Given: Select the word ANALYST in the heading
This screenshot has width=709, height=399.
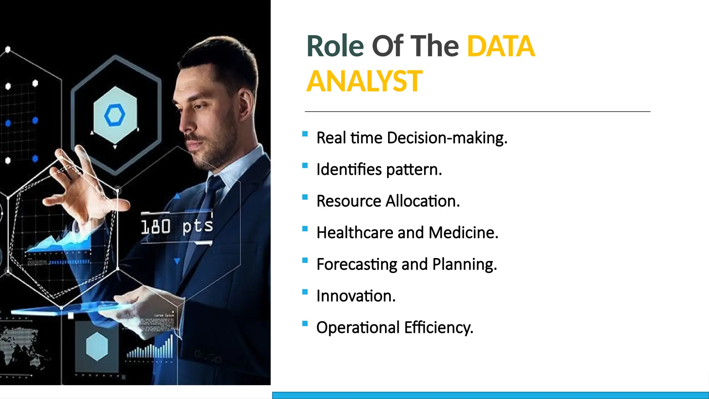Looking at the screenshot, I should [x=364, y=81].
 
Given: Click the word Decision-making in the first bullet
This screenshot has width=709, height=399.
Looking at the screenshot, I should [x=447, y=138].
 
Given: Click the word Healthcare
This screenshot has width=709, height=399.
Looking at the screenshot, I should [x=354, y=233].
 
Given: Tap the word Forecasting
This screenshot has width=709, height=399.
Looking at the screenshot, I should [x=357, y=264].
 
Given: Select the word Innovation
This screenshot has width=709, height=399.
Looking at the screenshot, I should [x=356, y=296].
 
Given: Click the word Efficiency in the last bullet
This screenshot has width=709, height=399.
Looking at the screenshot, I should [x=438, y=328].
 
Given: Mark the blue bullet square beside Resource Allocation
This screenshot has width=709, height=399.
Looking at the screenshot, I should [x=305, y=197].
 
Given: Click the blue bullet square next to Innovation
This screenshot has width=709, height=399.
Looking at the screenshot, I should [x=305, y=292].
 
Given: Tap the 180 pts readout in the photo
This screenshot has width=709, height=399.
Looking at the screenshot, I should [x=177, y=227].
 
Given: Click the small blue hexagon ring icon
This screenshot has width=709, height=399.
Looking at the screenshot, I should [x=115, y=115].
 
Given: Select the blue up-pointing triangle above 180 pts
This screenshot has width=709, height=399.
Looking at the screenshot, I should [x=177, y=196].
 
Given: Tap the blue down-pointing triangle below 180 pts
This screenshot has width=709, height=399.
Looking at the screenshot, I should [x=177, y=261].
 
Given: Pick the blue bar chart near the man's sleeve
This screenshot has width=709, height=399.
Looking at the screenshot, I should [x=151, y=349].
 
